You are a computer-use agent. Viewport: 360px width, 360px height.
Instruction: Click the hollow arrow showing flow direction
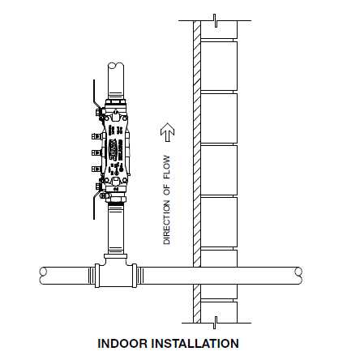pos(168,132)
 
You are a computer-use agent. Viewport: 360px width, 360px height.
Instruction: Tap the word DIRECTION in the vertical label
pos(167,222)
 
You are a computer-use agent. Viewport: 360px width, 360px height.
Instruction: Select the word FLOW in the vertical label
pos(167,167)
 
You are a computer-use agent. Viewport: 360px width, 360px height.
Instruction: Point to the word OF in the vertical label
pos(167,190)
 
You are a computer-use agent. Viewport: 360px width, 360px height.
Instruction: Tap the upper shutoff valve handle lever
pos(95,95)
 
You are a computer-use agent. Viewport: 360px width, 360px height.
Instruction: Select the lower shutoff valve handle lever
pos(95,205)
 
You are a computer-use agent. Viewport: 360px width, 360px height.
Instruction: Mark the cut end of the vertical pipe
pos(116,66)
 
